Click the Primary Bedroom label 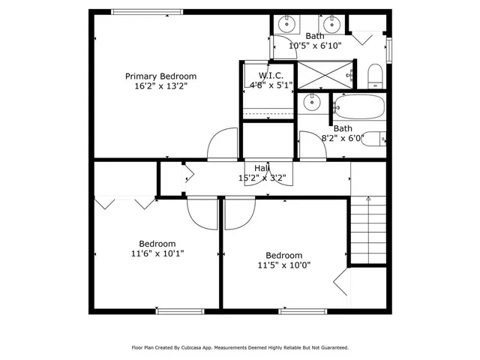[160, 76]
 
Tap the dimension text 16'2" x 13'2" [160, 86]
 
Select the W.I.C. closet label [270, 76]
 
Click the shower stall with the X [324, 74]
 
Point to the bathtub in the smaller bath [358, 106]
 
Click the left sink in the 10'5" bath [286, 23]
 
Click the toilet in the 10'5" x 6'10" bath [375, 74]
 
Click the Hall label [262, 168]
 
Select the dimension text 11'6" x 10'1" [157, 253]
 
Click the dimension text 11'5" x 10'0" [283, 265]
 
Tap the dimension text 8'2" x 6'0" [342, 138]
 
